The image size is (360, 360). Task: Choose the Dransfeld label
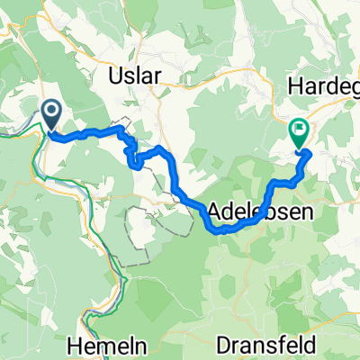click(x=266, y=345)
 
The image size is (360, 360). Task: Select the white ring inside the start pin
click(x=51, y=112)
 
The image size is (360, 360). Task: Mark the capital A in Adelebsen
click(x=214, y=213)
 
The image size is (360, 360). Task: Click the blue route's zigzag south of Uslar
click(x=133, y=155)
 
